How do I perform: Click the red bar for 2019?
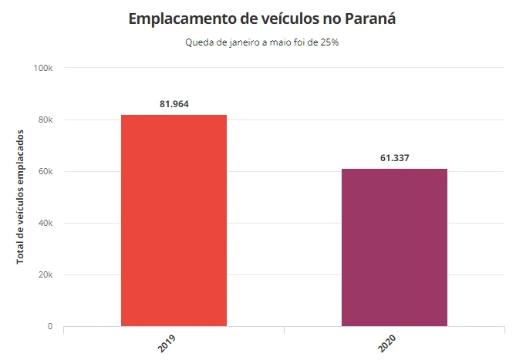coord(174,220)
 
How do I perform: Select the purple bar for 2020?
coord(394,247)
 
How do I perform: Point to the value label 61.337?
coord(394,158)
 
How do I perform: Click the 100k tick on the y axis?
coord(43,69)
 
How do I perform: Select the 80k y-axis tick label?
coord(46,120)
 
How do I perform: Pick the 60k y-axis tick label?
coord(46,172)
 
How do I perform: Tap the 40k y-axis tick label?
coord(46,224)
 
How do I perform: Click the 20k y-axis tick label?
coord(46,275)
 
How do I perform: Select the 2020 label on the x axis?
coord(387,345)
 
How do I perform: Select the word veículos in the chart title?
coord(285,19)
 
